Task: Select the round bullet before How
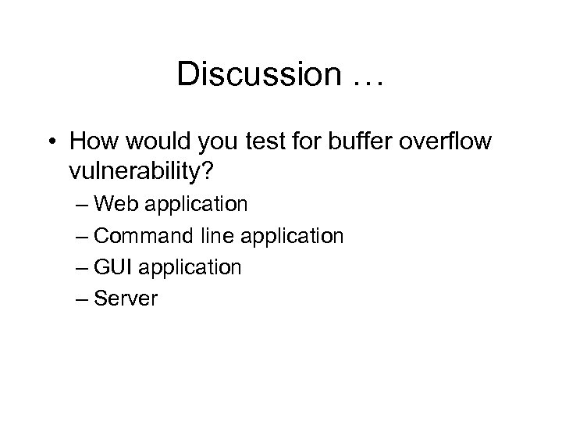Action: coord(51,142)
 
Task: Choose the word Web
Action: coord(119,204)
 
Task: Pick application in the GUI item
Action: coord(190,268)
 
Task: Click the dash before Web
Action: coord(84,206)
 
